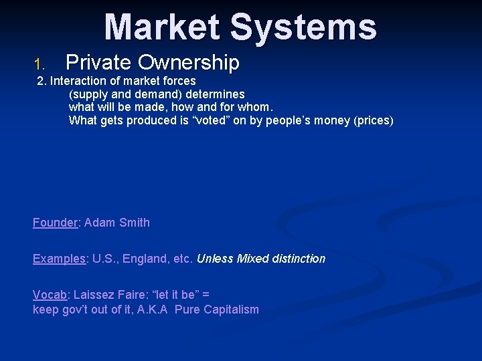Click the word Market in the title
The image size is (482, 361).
[163, 27]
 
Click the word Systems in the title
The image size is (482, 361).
[303, 27]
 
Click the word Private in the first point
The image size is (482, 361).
[98, 62]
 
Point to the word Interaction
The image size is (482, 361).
[79, 81]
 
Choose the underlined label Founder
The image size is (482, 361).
[55, 223]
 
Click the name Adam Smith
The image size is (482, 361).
[117, 223]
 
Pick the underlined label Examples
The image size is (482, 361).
[59, 259]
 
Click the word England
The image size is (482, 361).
[146, 259]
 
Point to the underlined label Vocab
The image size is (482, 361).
[50, 295]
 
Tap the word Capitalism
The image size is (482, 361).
[231, 310]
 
